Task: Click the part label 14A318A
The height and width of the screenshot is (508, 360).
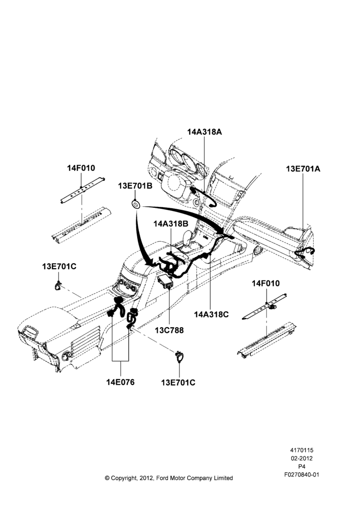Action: pyautogui.click(x=204, y=132)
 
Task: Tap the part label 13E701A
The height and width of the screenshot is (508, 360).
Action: pyautogui.click(x=303, y=169)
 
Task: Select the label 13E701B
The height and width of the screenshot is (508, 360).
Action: pyautogui.click(x=135, y=186)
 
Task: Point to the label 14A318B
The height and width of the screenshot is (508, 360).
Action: pyautogui.click(x=171, y=224)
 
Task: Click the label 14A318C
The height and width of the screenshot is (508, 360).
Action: pyautogui.click(x=211, y=314)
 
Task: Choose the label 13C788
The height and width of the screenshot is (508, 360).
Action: pyautogui.click(x=169, y=330)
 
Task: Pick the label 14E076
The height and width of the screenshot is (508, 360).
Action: pyautogui.click(x=120, y=383)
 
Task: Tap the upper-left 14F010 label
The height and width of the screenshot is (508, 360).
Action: pyautogui.click(x=81, y=168)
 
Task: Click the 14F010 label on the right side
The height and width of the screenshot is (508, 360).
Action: pyautogui.click(x=265, y=283)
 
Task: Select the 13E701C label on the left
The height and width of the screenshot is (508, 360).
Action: pyautogui.click(x=59, y=266)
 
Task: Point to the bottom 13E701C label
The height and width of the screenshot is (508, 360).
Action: pyautogui.click(x=178, y=383)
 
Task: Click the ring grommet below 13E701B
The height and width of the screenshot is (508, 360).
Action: pyautogui.click(x=135, y=204)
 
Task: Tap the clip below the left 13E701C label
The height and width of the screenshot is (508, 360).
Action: pyautogui.click(x=58, y=285)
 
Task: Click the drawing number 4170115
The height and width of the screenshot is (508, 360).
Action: pyautogui.click(x=302, y=450)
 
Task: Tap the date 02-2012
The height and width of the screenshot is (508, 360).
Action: pyautogui.click(x=302, y=458)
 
